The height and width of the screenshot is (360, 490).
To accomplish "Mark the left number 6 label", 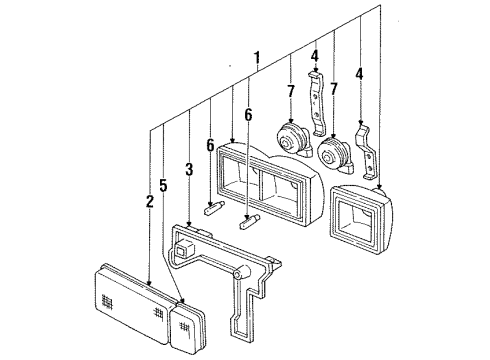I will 209,145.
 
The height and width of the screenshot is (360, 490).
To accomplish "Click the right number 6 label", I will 248,115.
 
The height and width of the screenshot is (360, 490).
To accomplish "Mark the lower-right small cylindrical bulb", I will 250,223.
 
